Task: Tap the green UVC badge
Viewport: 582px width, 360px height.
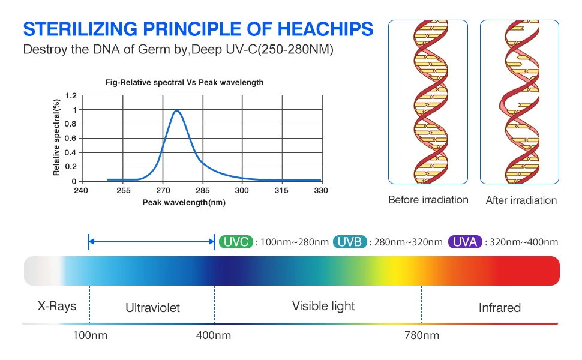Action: (236, 242)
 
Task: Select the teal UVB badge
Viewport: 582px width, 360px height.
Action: (349, 242)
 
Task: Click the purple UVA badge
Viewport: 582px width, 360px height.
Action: (464, 242)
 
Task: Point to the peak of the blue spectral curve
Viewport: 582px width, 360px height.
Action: (176, 110)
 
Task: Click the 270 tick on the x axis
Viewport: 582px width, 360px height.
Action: (163, 191)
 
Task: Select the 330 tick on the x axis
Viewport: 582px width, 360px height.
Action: (321, 191)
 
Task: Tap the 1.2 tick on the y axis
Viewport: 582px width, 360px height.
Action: (71, 96)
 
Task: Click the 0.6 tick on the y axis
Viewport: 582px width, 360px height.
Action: (71, 139)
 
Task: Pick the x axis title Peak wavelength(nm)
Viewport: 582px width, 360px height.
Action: (184, 203)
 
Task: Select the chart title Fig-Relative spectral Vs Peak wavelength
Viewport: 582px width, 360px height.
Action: (184, 82)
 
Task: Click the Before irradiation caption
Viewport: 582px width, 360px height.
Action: (428, 200)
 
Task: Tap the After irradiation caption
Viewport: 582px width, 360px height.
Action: (521, 200)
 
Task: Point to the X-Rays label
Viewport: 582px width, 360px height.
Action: (57, 306)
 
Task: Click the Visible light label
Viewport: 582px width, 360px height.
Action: (323, 306)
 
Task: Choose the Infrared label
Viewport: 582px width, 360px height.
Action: (499, 308)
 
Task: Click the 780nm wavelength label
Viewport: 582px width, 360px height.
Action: (421, 335)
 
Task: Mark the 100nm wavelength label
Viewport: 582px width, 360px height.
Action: (89, 335)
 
